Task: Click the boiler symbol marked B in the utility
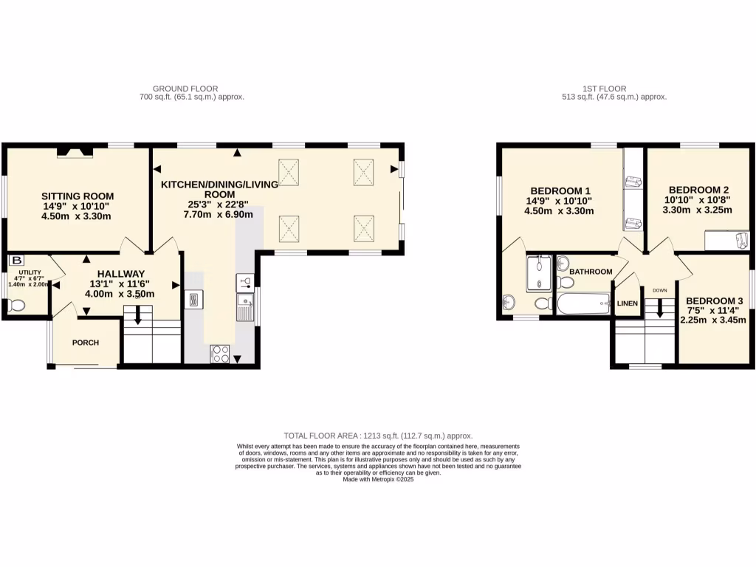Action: [16, 260]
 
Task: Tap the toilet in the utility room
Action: [16, 304]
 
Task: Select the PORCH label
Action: [86, 343]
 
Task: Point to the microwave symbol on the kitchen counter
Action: [194, 299]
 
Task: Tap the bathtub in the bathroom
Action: [583, 303]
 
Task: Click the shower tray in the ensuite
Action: [539, 273]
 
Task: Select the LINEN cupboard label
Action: [627, 303]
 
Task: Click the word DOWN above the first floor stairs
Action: [659, 290]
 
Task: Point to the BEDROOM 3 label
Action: [714, 300]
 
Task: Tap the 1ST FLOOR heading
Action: [614, 88]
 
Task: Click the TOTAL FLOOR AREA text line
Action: [378, 436]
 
